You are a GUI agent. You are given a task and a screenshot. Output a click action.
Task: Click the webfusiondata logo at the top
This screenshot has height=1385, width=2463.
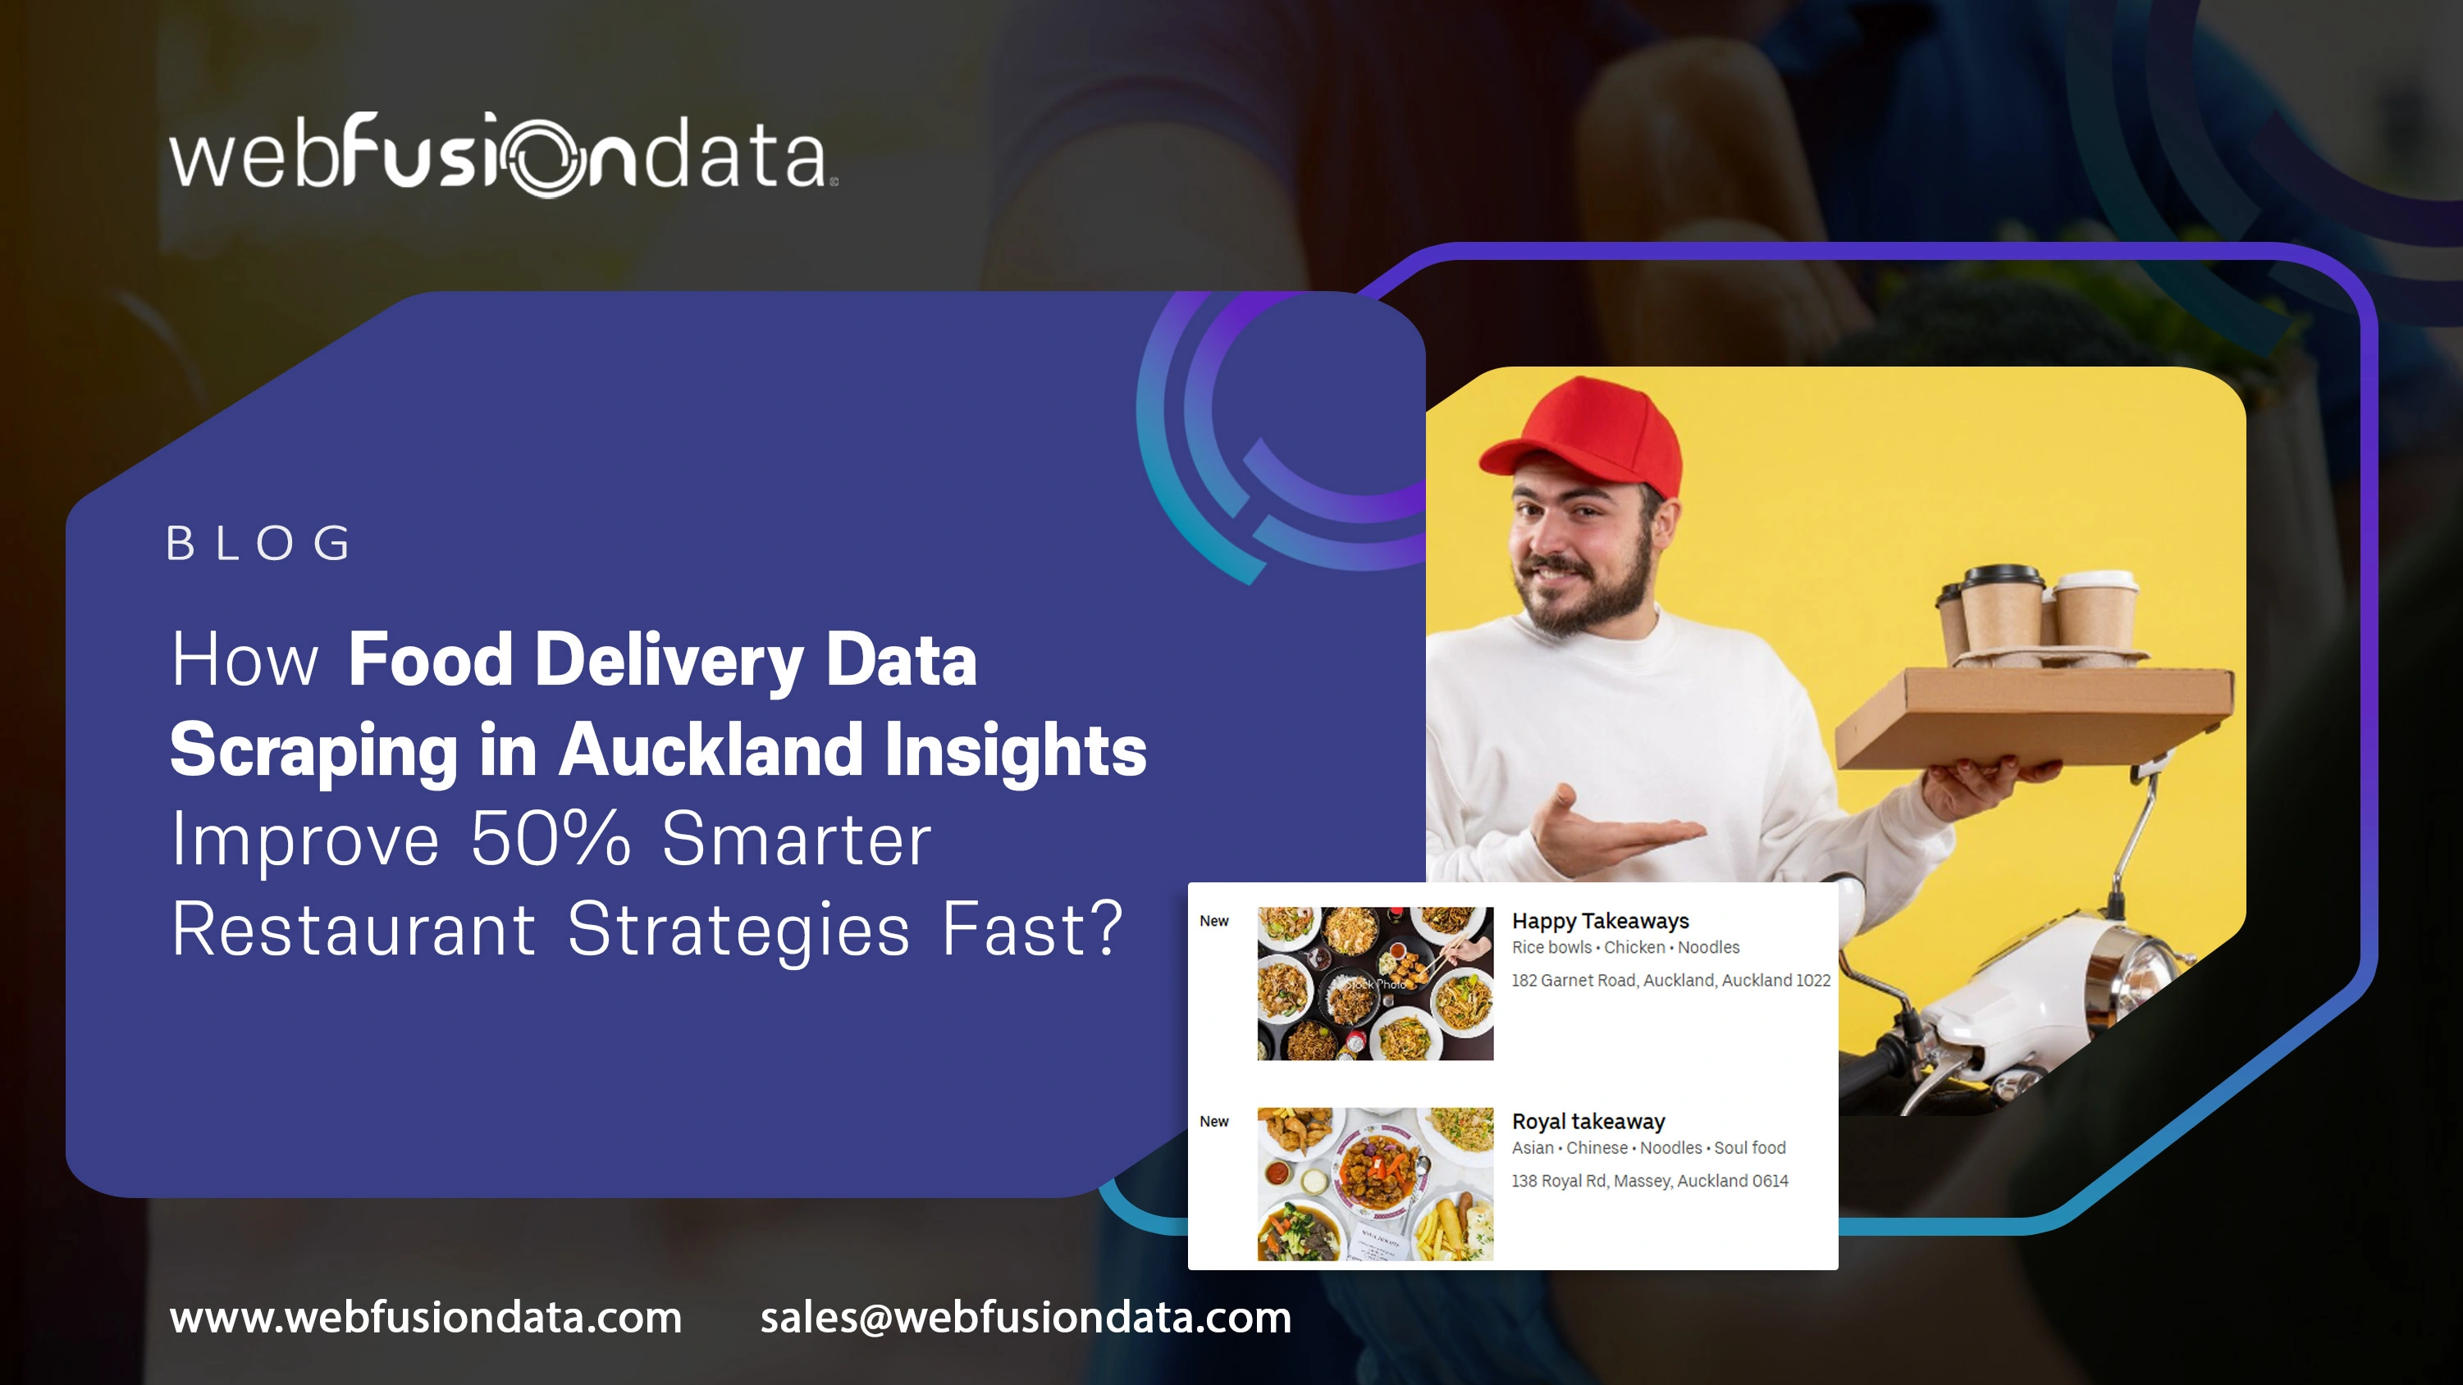tap(503, 155)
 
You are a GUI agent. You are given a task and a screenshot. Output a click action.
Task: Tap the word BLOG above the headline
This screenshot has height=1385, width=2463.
tap(259, 544)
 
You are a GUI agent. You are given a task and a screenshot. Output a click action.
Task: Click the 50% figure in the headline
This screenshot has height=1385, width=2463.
tap(551, 839)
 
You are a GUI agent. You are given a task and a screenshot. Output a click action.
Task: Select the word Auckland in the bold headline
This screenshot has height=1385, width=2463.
tap(711, 749)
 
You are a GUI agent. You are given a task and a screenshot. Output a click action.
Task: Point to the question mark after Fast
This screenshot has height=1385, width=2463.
tap(1104, 928)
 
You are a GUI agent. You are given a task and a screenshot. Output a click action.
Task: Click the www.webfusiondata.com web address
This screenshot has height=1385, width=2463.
tap(426, 1317)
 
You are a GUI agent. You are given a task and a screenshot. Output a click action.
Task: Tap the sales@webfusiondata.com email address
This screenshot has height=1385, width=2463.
tap(1025, 1317)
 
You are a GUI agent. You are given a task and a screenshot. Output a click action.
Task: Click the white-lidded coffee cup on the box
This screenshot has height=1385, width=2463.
tap(2095, 612)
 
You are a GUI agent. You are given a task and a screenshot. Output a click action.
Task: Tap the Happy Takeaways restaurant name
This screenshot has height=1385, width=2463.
tap(1600, 921)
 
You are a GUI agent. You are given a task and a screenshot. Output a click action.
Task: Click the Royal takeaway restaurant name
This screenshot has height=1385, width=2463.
tap(1588, 1121)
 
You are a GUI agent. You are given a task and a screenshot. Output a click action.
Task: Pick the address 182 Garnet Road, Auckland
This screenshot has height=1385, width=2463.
tap(1670, 981)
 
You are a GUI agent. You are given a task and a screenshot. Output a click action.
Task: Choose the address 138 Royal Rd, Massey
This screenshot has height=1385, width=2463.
tap(1649, 1182)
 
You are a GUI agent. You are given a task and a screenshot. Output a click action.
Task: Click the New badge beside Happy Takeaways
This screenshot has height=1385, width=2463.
tap(1213, 922)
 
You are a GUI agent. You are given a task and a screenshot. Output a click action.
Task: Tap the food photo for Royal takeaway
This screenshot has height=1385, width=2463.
tap(1375, 1184)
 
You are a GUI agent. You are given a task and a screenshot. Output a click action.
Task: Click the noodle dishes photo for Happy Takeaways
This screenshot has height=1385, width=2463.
tap(1375, 983)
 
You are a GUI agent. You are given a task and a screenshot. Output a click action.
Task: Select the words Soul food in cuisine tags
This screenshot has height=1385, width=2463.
tap(1750, 1148)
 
